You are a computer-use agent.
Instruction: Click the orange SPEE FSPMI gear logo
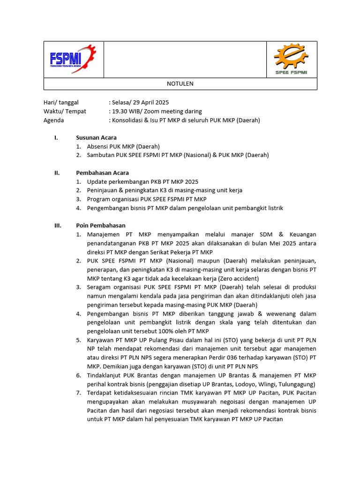291,59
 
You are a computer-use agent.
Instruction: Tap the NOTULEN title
180,84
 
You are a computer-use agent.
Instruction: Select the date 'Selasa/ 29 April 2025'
140,102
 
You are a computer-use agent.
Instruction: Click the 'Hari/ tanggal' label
61,102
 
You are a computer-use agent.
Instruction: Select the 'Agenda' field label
53,120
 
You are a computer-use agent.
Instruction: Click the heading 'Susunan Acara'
96,137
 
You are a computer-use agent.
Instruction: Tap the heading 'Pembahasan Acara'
102,172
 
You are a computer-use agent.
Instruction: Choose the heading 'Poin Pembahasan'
100,225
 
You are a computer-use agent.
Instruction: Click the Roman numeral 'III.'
58,225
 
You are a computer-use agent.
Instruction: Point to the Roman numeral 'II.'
57,172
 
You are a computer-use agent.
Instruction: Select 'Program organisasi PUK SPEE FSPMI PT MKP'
147,199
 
